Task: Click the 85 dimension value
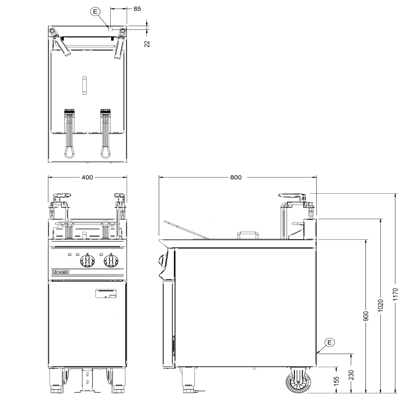click(x=137, y=9)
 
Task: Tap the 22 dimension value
click(x=147, y=44)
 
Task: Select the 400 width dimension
click(x=87, y=177)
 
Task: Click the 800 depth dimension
click(x=236, y=177)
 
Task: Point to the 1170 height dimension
click(x=395, y=294)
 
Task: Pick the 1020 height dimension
click(x=381, y=306)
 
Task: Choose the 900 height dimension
click(x=366, y=316)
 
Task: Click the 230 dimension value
click(x=351, y=375)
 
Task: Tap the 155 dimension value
click(x=336, y=381)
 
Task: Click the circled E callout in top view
click(x=95, y=11)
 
